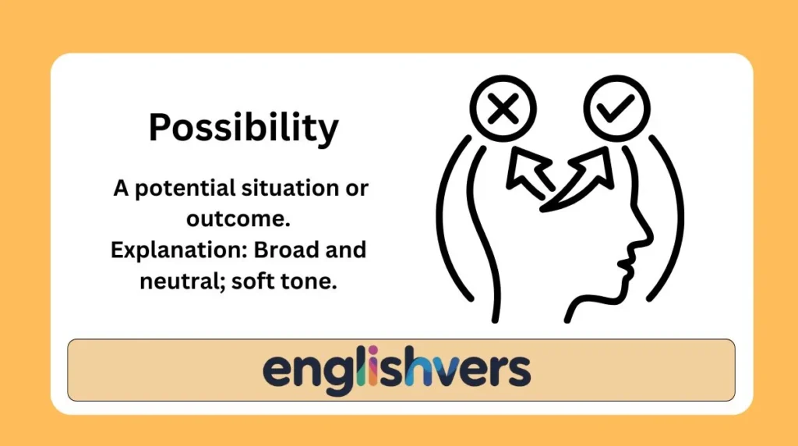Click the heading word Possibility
tap(244, 128)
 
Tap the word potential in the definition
tap(182, 189)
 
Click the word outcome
tap(237, 220)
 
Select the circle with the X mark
tap(503, 111)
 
